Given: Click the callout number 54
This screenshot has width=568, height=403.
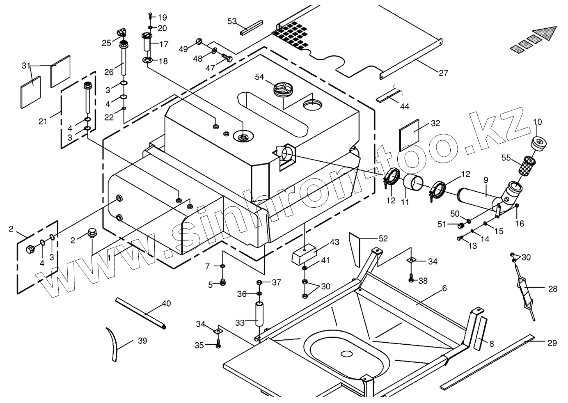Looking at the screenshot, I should click(x=259, y=77).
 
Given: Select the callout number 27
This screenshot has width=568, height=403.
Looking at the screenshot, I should click(x=443, y=73).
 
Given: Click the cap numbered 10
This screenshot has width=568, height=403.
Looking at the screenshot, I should click(x=538, y=144).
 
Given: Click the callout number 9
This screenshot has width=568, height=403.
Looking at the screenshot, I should click(x=486, y=180).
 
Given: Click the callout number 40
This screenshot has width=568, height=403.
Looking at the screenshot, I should click(x=166, y=304).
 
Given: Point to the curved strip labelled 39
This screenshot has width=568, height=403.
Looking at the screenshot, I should click(x=112, y=344).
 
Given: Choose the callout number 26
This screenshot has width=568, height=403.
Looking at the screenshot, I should click(x=109, y=72).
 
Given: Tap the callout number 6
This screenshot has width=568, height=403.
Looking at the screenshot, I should click(x=444, y=288).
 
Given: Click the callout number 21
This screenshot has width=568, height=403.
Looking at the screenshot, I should click(x=43, y=121).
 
